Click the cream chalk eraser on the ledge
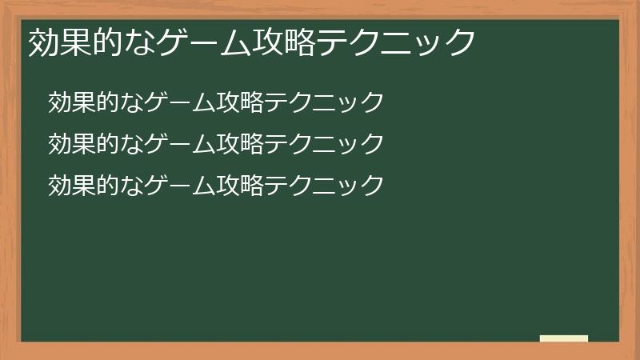(x=564, y=338)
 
